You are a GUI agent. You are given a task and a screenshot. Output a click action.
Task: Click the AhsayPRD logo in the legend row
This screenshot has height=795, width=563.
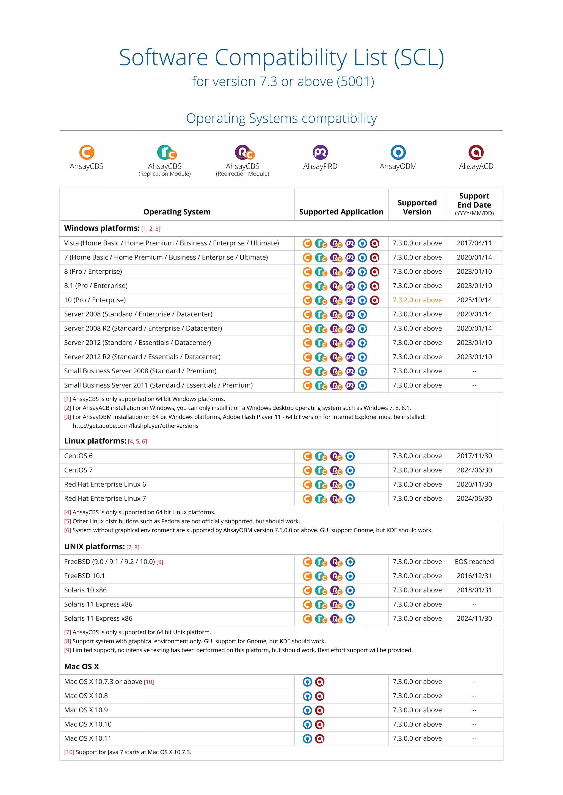(x=320, y=152)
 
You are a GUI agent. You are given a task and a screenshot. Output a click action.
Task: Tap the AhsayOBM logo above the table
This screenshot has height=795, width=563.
(x=398, y=152)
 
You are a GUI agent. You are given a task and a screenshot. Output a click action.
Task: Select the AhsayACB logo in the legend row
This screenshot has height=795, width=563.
(x=476, y=152)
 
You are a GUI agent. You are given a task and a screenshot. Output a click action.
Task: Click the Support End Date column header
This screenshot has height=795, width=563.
(x=474, y=204)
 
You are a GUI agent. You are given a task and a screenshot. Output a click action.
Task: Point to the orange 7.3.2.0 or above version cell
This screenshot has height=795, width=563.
(x=417, y=300)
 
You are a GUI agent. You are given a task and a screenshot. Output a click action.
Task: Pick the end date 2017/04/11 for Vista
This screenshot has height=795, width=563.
(x=474, y=243)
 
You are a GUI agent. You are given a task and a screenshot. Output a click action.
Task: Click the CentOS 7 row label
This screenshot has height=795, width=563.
(x=78, y=470)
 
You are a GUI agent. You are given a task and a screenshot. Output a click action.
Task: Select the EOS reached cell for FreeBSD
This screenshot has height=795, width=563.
(x=474, y=562)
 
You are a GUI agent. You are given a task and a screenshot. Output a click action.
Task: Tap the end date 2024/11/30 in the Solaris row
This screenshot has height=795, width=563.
(x=474, y=618)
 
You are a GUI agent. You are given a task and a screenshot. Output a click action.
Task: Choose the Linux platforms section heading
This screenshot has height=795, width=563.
(x=95, y=441)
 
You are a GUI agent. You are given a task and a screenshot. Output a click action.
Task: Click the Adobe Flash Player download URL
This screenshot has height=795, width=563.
(x=136, y=426)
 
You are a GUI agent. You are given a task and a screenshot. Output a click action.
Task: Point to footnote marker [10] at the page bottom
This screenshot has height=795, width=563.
(x=69, y=752)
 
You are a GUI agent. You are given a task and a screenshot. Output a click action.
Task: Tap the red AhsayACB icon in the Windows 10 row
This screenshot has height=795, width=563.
(x=374, y=300)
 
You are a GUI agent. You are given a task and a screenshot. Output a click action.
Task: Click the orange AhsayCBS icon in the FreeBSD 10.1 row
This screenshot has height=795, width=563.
(x=307, y=576)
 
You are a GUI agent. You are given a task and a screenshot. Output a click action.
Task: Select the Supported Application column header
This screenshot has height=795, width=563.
(x=341, y=212)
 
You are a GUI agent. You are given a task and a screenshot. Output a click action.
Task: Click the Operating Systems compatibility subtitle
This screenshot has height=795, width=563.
(x=281, y=118)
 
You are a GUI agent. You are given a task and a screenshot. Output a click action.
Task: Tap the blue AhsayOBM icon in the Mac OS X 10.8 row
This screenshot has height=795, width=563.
(x=307, y=696)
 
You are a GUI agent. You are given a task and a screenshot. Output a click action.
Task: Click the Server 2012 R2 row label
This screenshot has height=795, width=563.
(x=142, y=357)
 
